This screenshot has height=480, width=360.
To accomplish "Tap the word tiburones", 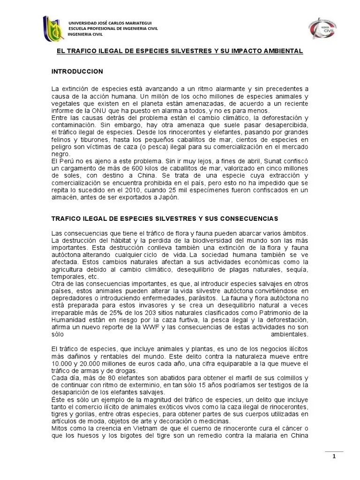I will [88, 139].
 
